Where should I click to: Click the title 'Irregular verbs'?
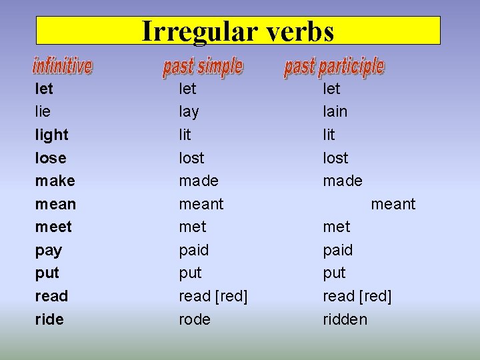point(238,31)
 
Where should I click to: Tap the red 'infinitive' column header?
point(63,66)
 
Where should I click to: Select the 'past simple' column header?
point(203,66)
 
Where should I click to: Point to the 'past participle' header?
point(334,66)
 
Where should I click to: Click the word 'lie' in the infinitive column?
point(43,111)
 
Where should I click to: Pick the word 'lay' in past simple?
point(189,111)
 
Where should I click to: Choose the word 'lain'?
point(335,111)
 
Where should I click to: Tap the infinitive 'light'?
point(51,135)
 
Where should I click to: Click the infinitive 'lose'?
point(51,158)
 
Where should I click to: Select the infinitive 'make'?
point(55,181)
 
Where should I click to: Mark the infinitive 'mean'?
point(55,204)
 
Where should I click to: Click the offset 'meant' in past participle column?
point(393,204)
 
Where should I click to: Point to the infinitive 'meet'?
point(53,227)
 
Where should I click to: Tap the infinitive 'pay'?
point(48,251)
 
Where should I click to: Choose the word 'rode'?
point(194,319)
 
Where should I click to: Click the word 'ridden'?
point(345,319)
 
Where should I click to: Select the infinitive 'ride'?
point(49,319)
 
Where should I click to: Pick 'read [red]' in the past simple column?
point(213,296)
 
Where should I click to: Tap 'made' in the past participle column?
point(343,181)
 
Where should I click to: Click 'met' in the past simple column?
point(193,227)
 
